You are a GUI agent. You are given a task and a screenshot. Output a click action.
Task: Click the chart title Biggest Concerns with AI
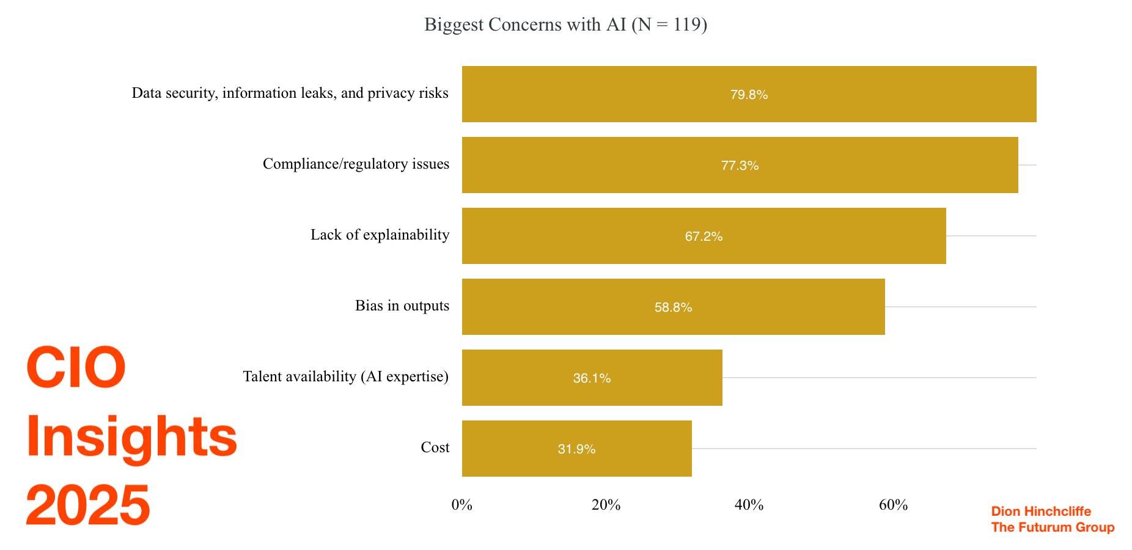(565, 24)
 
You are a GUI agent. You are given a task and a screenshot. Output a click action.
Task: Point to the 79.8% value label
(749, 95)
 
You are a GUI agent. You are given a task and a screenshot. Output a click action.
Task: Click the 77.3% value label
(740, 166)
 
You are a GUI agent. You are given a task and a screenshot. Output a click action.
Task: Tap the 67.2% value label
(704, 237)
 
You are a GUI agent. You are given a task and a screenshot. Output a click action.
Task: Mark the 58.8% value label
(673, 307)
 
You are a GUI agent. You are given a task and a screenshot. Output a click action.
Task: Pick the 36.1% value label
(592, 378)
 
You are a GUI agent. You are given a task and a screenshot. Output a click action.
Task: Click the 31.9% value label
(576, 449)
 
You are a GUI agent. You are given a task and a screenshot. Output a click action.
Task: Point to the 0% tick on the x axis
(462, 505)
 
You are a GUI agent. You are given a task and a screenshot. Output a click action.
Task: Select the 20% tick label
(606, 505)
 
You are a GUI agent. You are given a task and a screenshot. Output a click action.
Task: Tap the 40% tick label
(749, 505)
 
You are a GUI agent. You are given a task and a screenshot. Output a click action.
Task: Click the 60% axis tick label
(893, 505)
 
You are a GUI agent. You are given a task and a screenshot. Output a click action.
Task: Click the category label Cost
(435, 447)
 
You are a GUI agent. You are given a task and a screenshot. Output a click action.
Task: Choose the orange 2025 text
(88, 505)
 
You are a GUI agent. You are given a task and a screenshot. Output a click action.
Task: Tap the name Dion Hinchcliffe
(1041, 512)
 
